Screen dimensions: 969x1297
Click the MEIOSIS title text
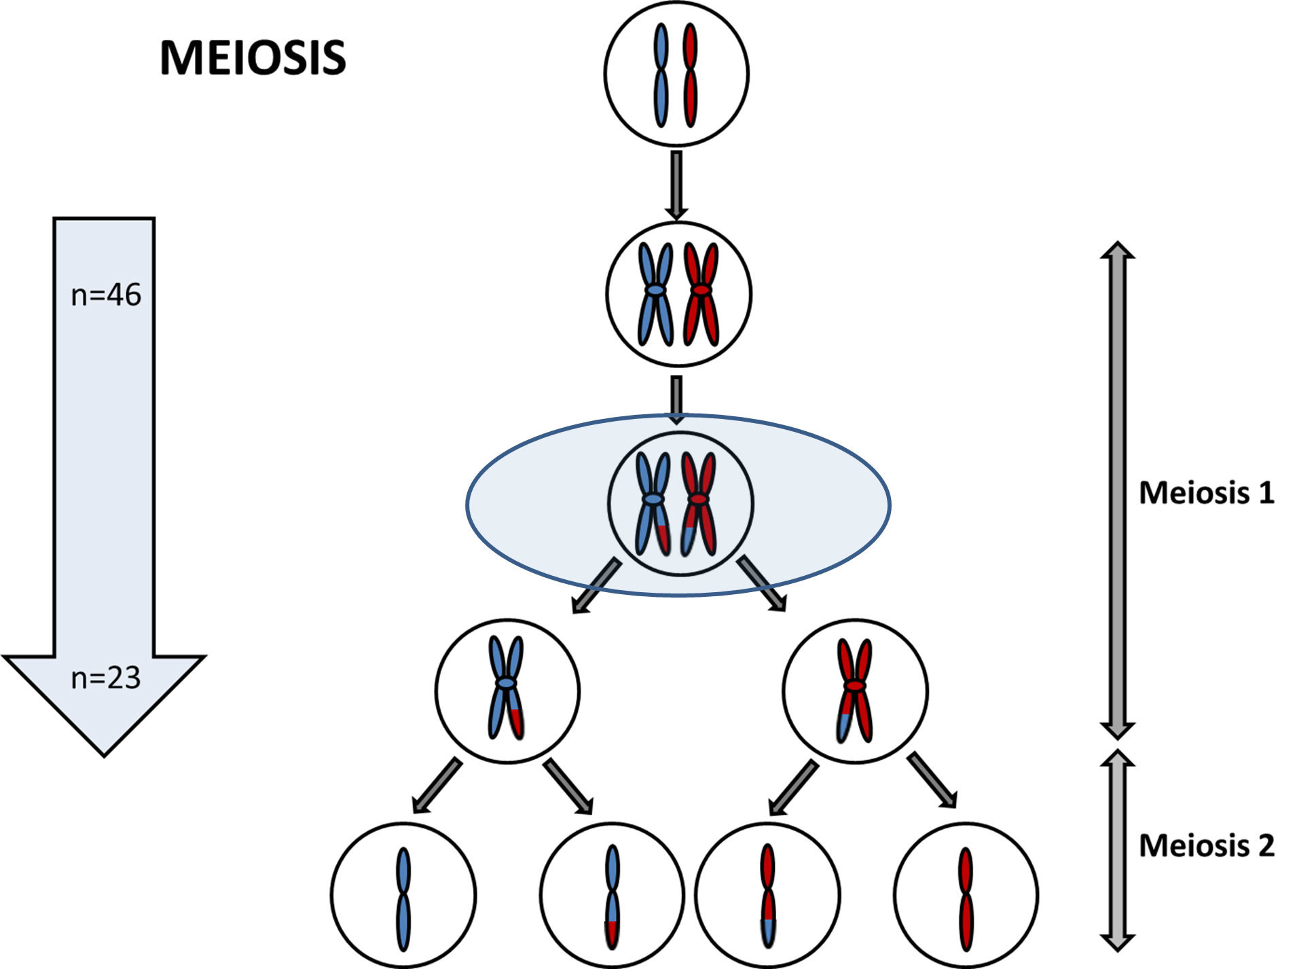pyautogui.click(x=253, y=58)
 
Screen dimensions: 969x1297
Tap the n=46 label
pyautogui.click(x=106, y=295)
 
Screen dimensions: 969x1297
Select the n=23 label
pyautogui.click(x=106, y=678)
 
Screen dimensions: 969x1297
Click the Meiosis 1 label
pyautogui.click(x=1206, y=493)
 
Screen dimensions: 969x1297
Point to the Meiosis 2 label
pyautogui.click(x=1206, y=845)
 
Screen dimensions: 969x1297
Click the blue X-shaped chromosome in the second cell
pyautogui.click(x=655, y=293)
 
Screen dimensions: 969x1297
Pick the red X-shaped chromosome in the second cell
pyautogui.click(x=701, y=293)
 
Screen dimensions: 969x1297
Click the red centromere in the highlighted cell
pyautogui.click(x=698, y=500)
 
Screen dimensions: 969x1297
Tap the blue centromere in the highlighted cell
pyautogui.click(x=653, y=499)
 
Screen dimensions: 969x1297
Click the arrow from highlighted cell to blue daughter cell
pyautogui.click(x=596, y=586)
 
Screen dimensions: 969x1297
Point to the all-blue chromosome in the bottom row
pyautogui.click(x=403, y=898)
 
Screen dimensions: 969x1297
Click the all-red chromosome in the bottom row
pyautogui.click(x=965, y=898)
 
